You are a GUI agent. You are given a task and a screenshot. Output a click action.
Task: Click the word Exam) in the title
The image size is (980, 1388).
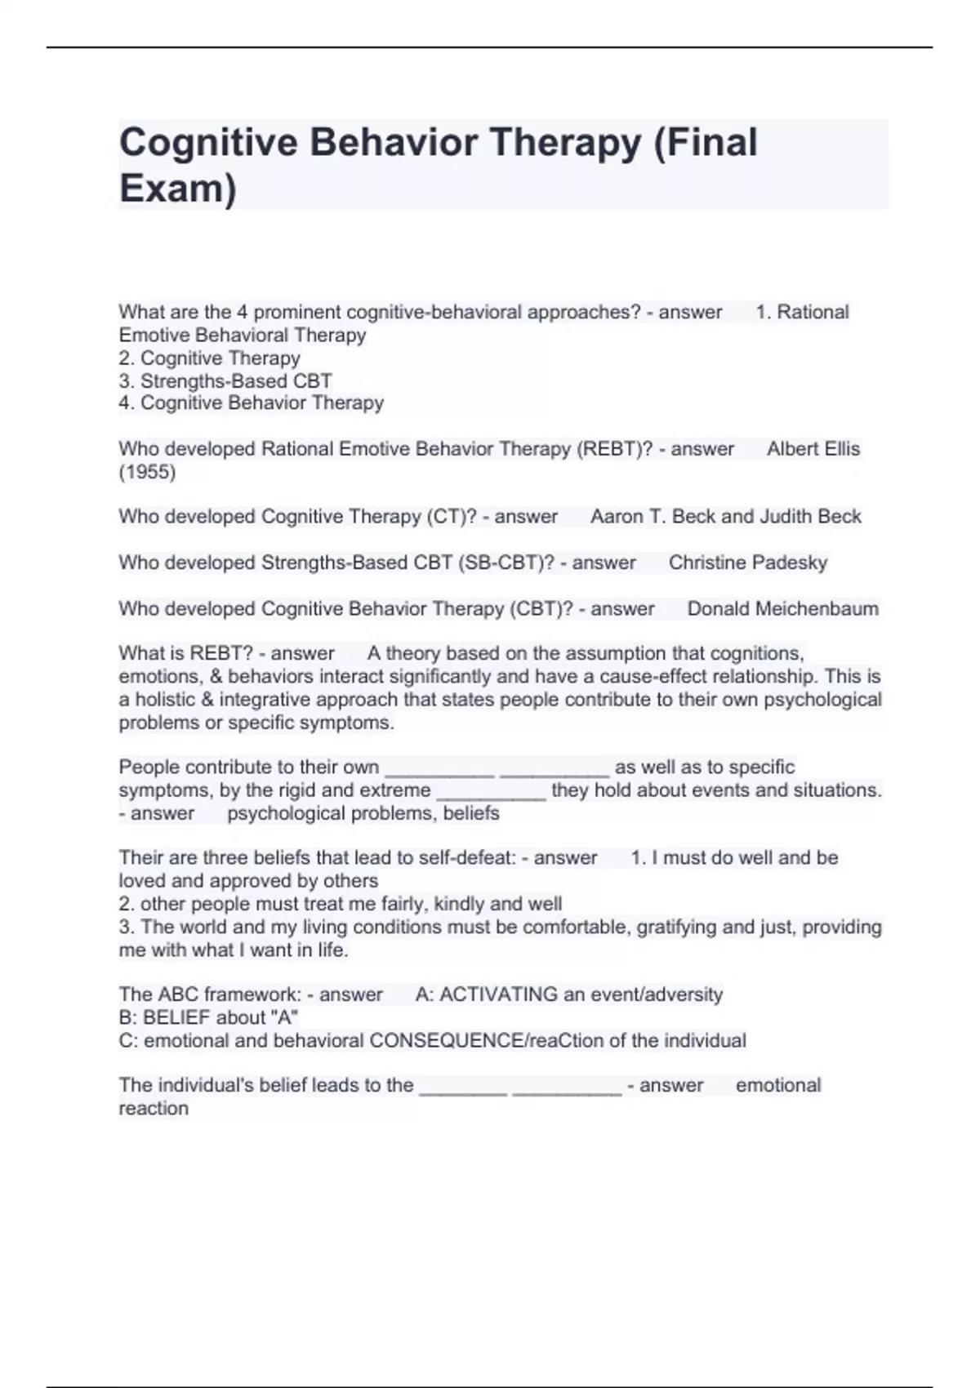tap(177, 188)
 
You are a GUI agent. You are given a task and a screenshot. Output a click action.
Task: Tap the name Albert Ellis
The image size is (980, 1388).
tap(813, 449)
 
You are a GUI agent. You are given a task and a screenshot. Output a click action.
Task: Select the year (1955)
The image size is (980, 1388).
tap(147, 472)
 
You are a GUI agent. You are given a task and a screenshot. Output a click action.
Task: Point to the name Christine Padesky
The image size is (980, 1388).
tap(747, 563)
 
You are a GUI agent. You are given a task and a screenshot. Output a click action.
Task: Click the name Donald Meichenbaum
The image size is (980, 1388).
tap(782, 609)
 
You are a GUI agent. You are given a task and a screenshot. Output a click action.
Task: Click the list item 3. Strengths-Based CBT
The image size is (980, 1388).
tap(225, 381)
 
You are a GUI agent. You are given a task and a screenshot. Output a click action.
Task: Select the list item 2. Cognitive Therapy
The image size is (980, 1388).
tap(210, 358)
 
